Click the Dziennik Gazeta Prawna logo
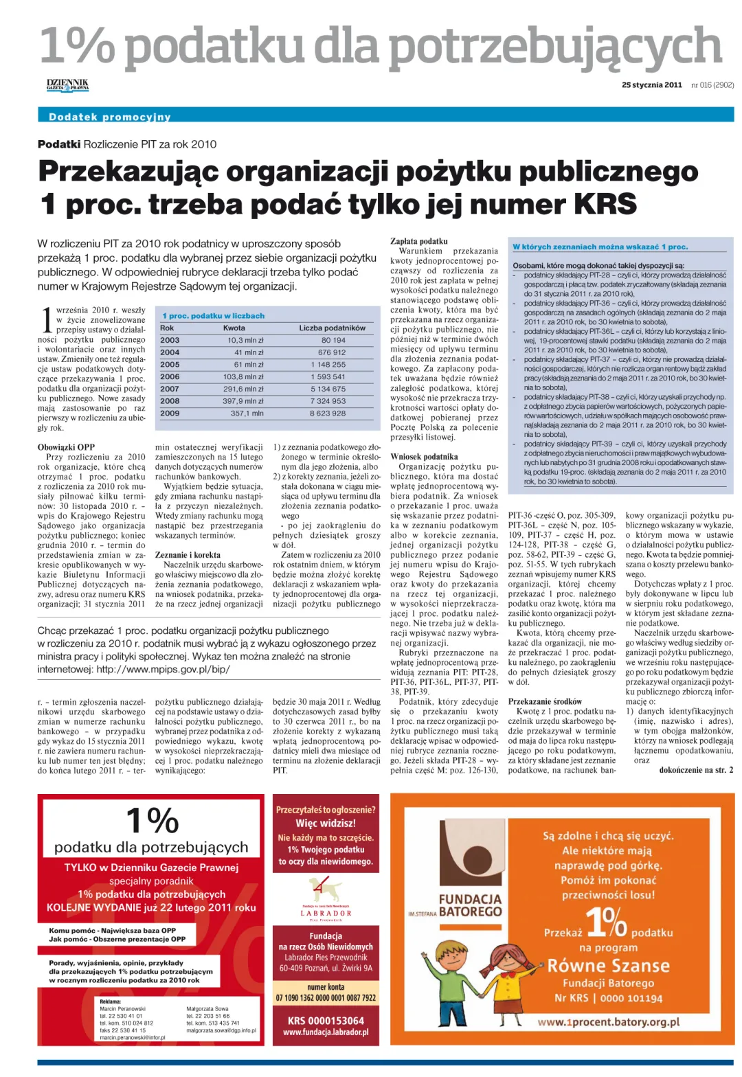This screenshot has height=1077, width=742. [x=67, y=85]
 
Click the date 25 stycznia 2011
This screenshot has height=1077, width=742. [x=651, y=85]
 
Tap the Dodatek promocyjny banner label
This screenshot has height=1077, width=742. [x=110, y=117]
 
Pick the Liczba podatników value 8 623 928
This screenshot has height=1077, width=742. [x=328, y=413]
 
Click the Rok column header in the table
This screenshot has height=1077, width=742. [x=167, y=328]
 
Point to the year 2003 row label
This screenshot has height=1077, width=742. [x=170, y=340]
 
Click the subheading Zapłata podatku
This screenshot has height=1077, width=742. [x=418, y=241]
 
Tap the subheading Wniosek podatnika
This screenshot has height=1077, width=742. [x=424, y=457]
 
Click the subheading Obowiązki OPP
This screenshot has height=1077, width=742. [x=66, y=447]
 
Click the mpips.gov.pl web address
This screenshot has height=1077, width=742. [x=163, y=668]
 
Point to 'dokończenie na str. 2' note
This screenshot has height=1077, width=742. [x=695, y=770]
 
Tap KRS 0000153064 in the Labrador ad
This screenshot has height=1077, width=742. [x=326, y=1020]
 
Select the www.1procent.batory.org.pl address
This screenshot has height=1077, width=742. [x=608, y=1022]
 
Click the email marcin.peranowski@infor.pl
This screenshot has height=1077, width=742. [x=132, y=1037]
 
